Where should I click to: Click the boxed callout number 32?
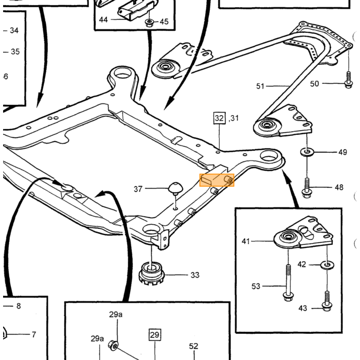click(x=219, y=118)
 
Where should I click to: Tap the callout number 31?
click(x=235, y=118)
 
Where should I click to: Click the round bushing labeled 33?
click(x=151, y=274)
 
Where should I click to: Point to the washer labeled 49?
click(x=307, y=152)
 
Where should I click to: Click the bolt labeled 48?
click(x=307, y=188)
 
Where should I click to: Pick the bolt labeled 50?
click(x=349, y=80)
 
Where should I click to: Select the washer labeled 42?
click(x=327, y=265)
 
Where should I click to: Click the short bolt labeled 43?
click(x=327, y=301)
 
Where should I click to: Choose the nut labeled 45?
click(x=150, y=23)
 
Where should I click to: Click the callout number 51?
click(x=260, y=86)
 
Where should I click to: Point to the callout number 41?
click(x=245, y=241)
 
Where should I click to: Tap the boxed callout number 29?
click(x=154, y=335)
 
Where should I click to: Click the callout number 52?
click(x=193, y=346)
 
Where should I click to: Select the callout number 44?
click(x=103, y=20)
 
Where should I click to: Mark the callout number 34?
click(x=14, y=30)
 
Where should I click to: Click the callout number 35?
click(x=15, y=51)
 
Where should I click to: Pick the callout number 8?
click(x=19, y=306)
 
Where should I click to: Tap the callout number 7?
click(x=34, y=334)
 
